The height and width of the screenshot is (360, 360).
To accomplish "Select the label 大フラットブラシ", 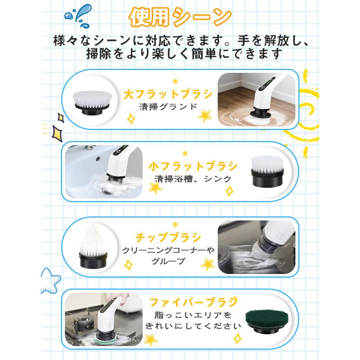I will [x=168, y=95].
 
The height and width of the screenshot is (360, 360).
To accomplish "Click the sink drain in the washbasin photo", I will [x=106, y=190].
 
